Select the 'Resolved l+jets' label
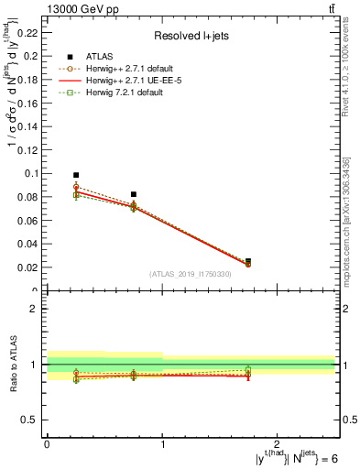pos(189,37)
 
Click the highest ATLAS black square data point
pos(76,174)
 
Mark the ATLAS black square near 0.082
pos(134,194)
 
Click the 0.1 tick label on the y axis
pos(33,173)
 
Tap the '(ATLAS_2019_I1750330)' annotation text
pos(191,273)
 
